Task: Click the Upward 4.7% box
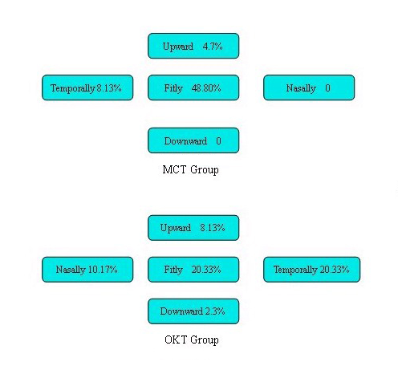[193, 46]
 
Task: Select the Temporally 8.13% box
[87, 87]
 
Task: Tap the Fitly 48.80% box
[193, 87]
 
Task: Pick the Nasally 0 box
[309, 87]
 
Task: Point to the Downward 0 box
[193, 140]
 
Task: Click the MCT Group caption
[190, 170]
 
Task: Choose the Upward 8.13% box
[193, 228]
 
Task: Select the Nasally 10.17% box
[87, 270]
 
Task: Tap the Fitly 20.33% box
[193, 270]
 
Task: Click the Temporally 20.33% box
[312, 270]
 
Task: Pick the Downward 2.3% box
[193, 311]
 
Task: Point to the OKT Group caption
[192, 340]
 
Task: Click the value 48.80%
[206, 87]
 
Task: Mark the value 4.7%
[213, 47]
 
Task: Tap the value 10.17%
[103, 270]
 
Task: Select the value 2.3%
[215, 311]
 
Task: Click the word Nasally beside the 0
[301, 88]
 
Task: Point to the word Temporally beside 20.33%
[295, 270]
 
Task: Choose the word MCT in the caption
[174, 169]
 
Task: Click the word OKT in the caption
[176, 340]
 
